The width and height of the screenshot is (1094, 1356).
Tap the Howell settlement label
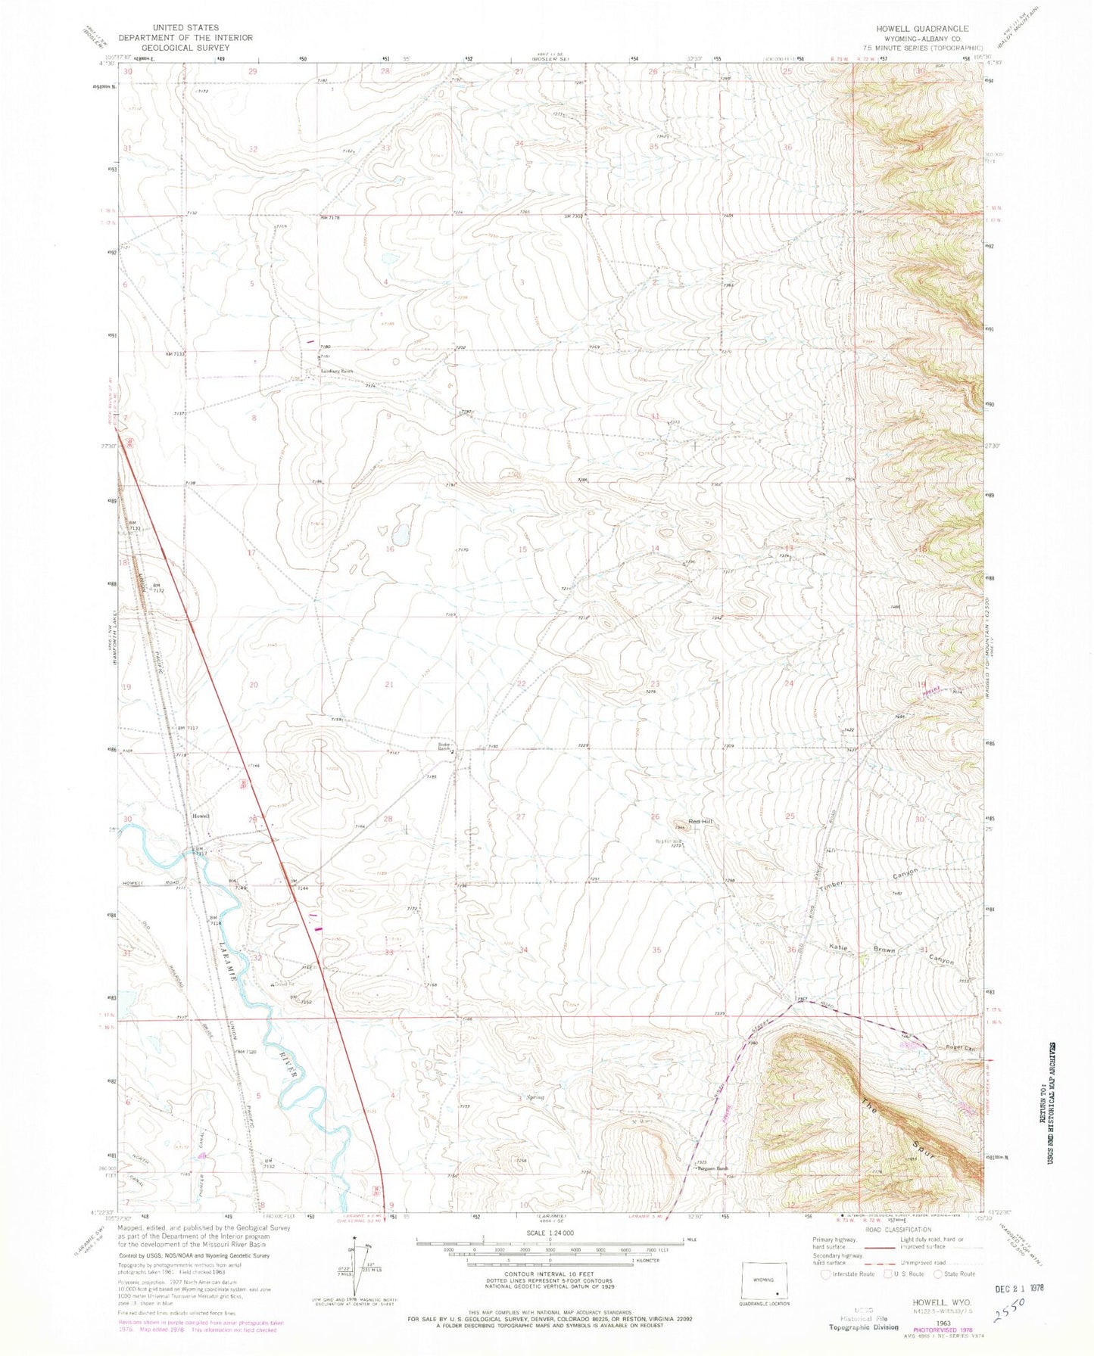[x=201, y=816]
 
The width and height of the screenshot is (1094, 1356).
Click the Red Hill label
[x=700, y=821]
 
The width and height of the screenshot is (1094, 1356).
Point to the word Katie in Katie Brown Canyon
[x=837, y=947]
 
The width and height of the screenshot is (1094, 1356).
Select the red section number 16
[x=390, y=549]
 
